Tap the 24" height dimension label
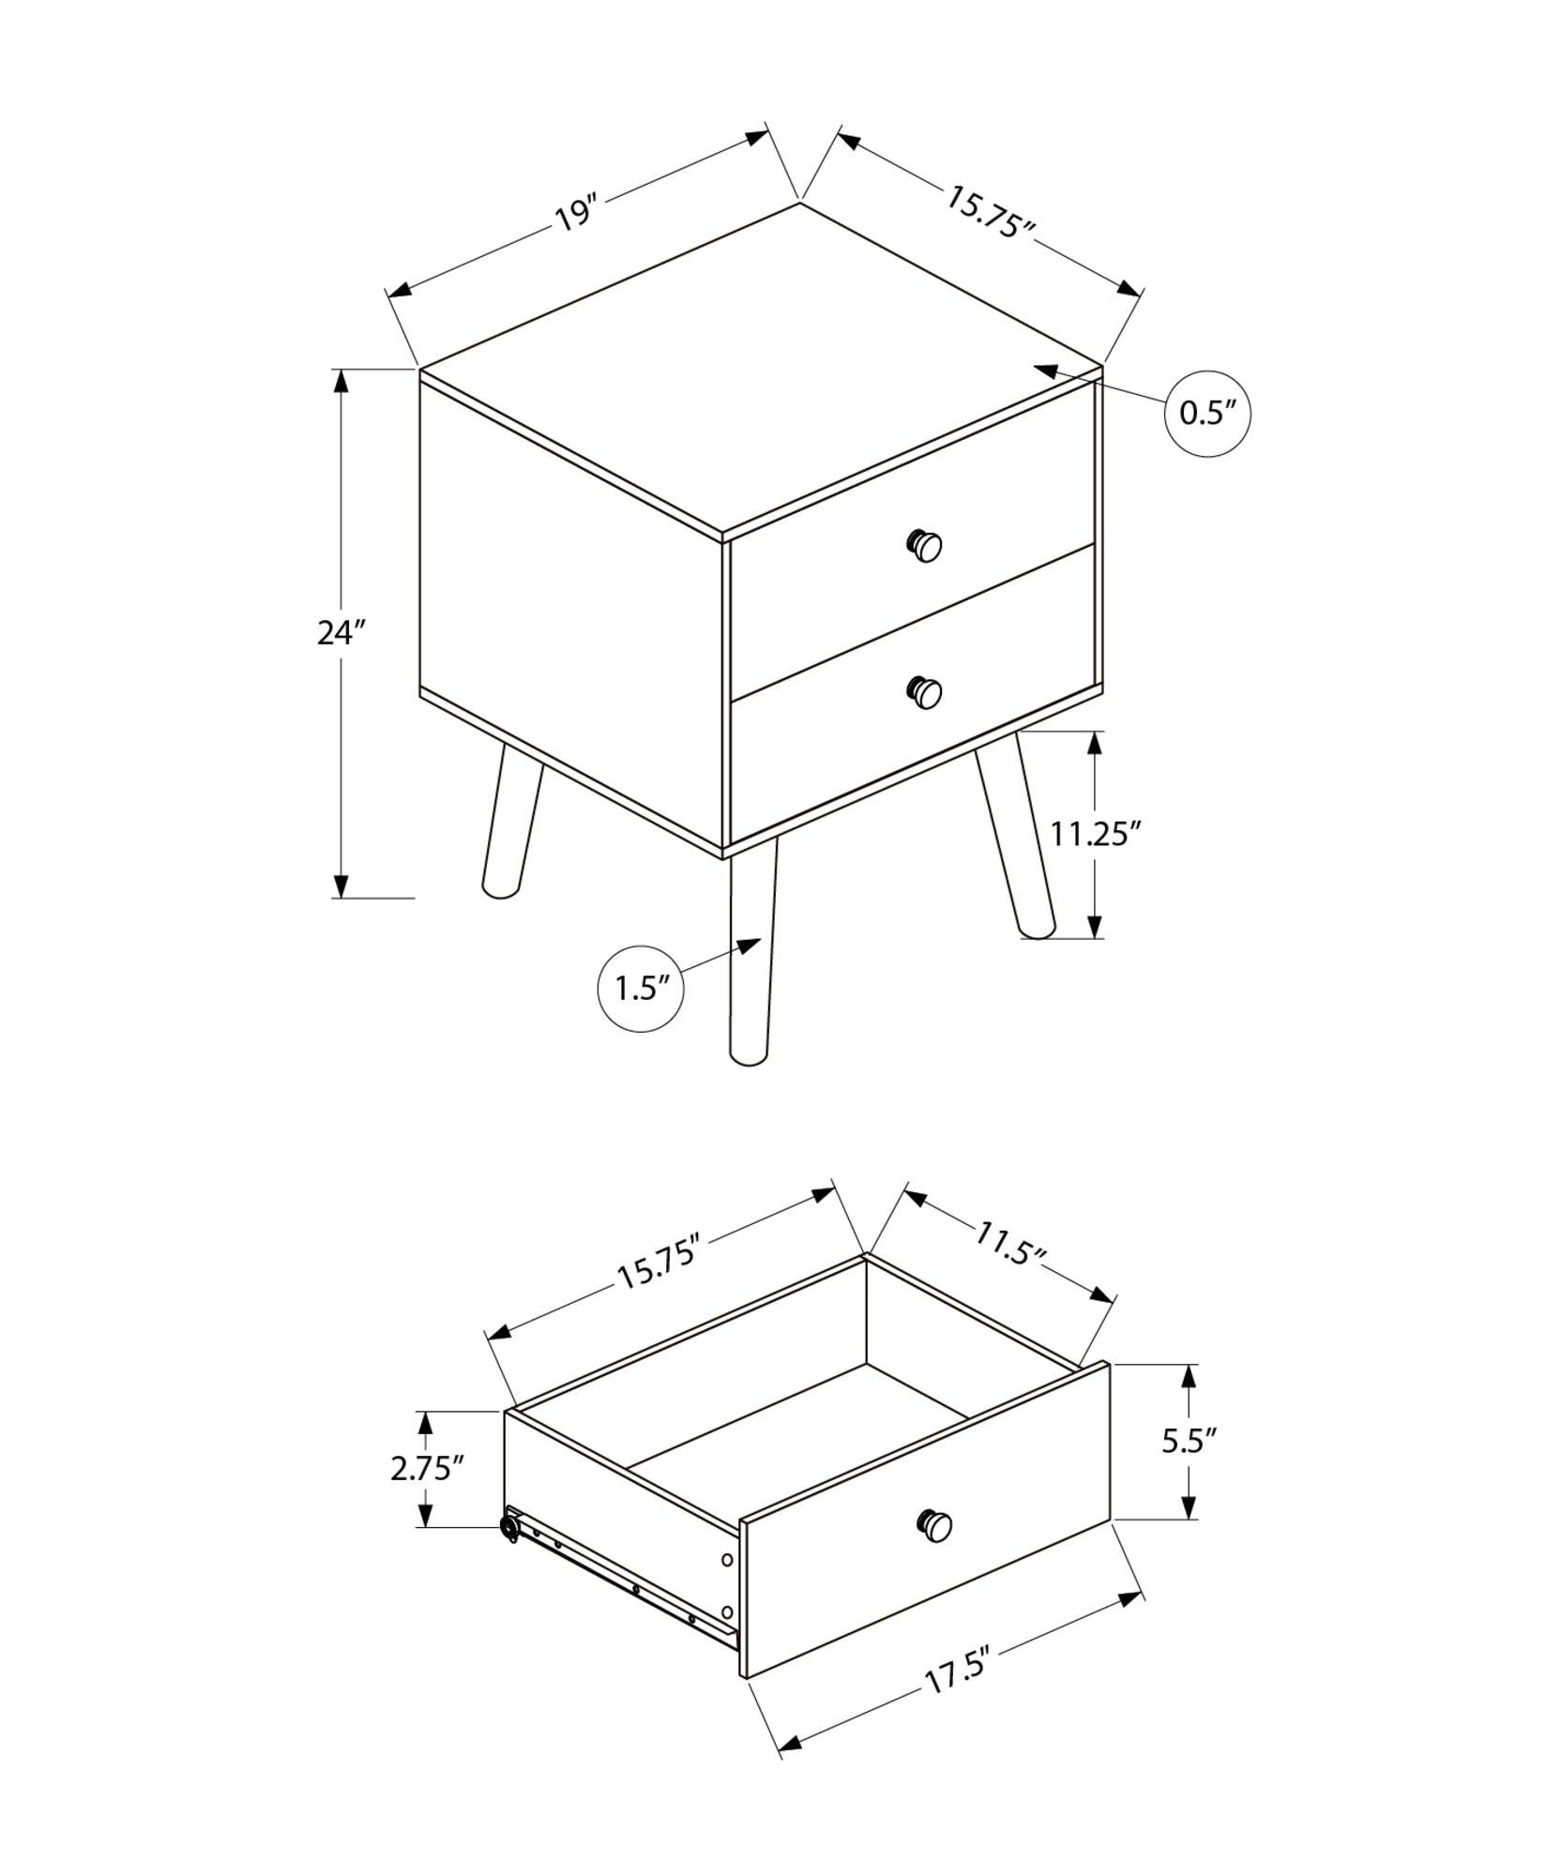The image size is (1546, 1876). click(340, 633)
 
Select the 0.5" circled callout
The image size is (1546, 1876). click(1207, 413)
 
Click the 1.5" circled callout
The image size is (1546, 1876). click(641, 989)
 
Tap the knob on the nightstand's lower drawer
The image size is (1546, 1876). click(925, 692)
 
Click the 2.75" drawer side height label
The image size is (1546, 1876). click(428, 1468)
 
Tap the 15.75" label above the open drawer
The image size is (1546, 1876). click(659, 1264)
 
